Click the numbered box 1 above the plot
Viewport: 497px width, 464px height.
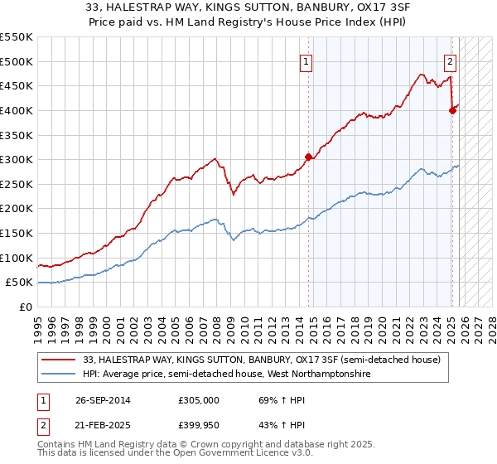pos(306,60)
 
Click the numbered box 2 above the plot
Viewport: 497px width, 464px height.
pos(450,60)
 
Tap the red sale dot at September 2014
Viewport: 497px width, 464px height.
pos(308,157)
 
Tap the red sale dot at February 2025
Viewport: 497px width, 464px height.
pos(452,110)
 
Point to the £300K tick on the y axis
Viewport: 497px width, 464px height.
pos(17,159)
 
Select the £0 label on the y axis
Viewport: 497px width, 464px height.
pos(25,307)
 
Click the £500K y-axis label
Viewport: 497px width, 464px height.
pos(17,61)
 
